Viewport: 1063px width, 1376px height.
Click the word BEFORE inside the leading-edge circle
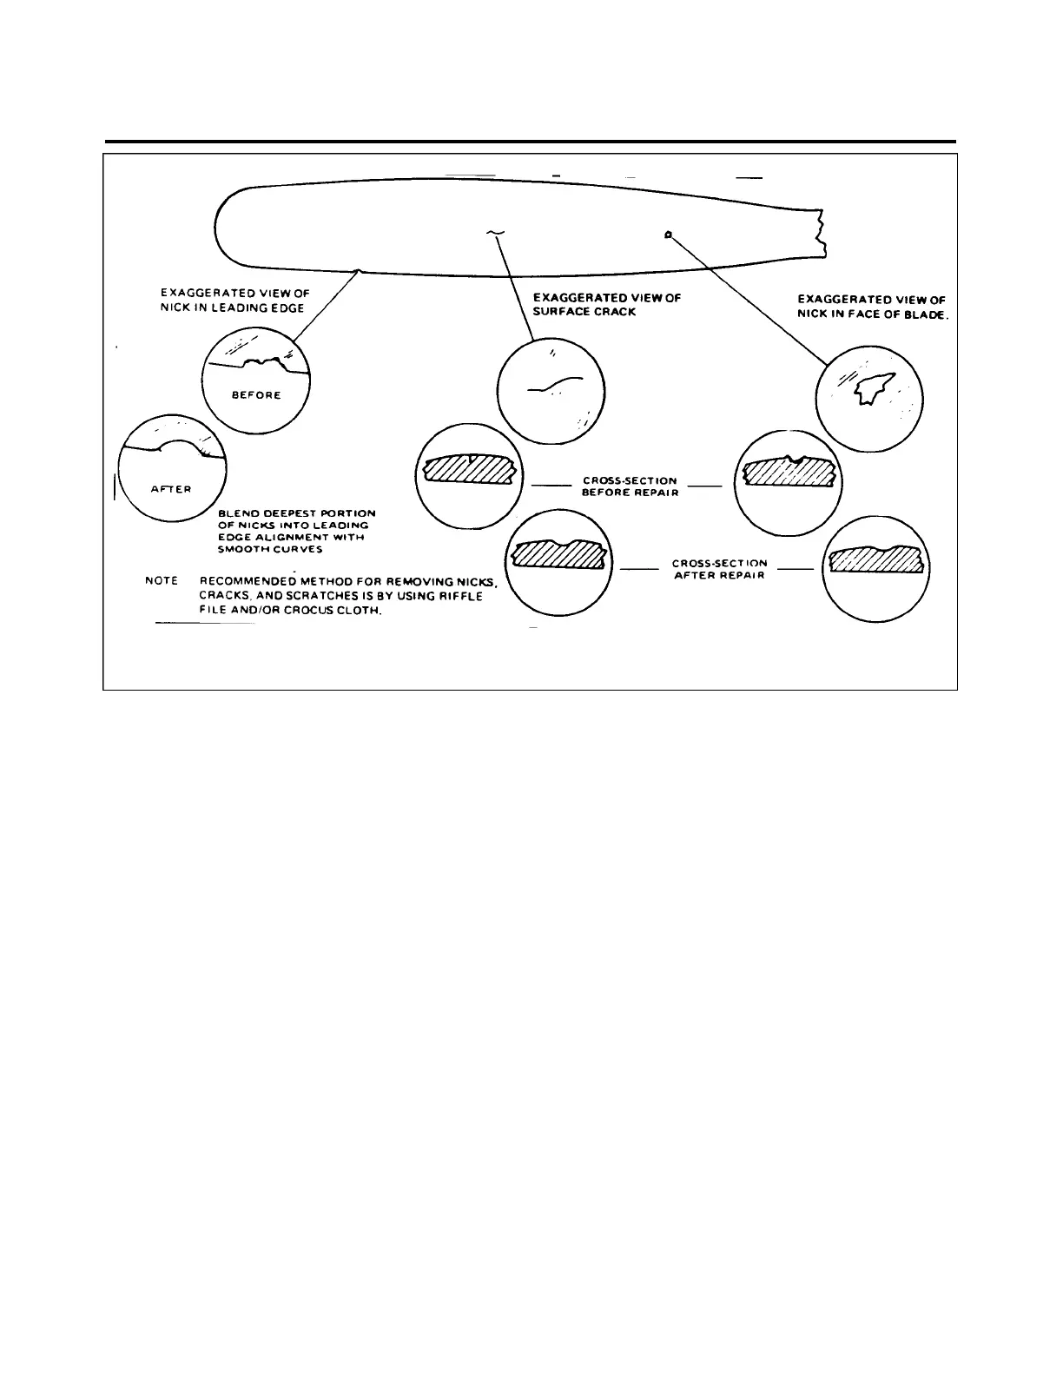(x=256, y=395)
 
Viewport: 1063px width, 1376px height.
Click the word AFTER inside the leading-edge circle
(x=171, y=489)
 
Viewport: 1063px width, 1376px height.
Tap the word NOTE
(x=162, y=580)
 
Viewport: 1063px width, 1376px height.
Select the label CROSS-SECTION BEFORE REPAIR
(x=630, y=486)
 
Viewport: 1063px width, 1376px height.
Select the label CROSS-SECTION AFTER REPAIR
(x=719, y=569)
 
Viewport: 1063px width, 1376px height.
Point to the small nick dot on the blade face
(x=667, y=235)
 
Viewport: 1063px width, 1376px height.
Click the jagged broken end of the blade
(x=820, y=233)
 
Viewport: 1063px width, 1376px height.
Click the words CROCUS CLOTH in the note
(x=337, y=610)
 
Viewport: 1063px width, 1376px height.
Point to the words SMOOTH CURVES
(x=270, y=549)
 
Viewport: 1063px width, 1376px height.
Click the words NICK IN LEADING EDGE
(x=232, y=308)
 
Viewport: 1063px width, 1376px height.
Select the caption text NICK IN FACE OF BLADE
(x=873, y=315)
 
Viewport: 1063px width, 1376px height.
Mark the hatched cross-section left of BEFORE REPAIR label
(x=469, y=469)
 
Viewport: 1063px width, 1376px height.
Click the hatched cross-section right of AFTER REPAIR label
(x=875, y=560)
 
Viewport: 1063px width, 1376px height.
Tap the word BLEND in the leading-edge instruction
(x=234, y=513)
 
